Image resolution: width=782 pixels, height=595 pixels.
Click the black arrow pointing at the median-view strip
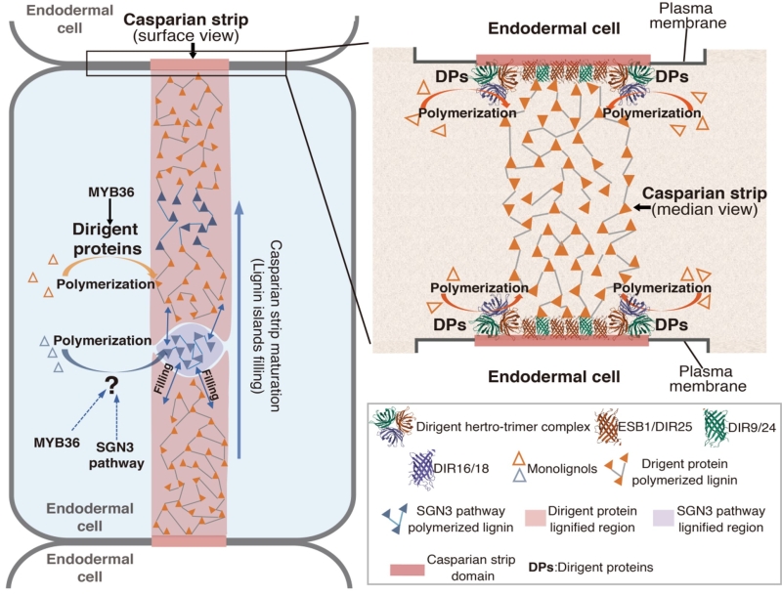645,207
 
